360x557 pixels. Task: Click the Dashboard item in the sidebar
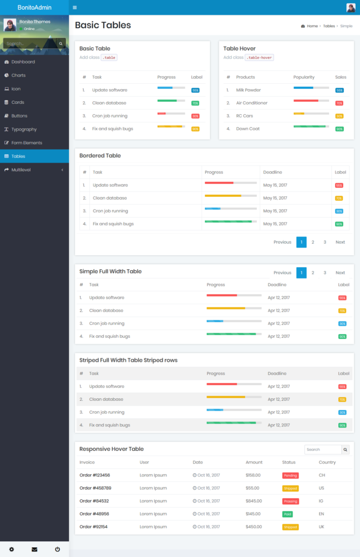23,62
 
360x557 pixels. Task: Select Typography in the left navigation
24,129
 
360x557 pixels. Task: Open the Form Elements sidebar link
27,143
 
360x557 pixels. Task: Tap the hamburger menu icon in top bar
75,8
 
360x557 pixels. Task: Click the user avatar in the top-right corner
351,8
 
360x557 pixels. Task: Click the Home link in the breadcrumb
312,26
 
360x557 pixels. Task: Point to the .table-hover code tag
259,58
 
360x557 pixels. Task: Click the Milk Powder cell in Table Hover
248,90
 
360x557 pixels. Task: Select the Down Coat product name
248,129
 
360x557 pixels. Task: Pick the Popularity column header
304,77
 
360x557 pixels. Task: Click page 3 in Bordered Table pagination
325,242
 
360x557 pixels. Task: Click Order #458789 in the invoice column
95,488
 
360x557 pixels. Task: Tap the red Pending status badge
290,475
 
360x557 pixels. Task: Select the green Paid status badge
287,514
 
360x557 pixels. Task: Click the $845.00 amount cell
253,501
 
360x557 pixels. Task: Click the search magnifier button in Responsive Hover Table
345,450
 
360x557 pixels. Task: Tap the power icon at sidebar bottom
57,549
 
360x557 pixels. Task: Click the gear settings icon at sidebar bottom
11,549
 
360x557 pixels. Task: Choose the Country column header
327,462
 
